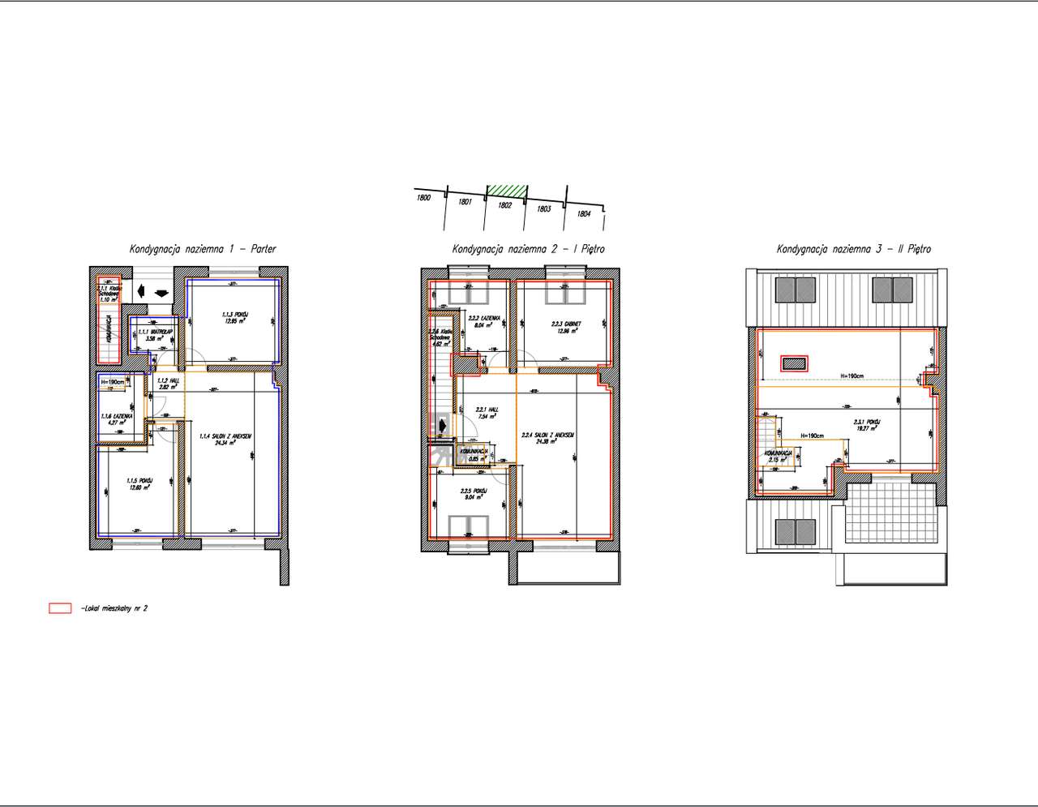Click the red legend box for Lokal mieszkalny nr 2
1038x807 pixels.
60,607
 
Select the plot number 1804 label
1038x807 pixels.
583,214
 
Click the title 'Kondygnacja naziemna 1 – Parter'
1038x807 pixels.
203,249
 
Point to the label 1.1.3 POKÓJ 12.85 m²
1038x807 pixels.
235,317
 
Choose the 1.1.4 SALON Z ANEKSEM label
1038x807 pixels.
225,440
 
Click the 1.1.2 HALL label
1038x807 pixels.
167,384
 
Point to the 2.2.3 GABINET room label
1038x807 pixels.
564,326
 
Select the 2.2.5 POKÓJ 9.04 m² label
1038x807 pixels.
473,495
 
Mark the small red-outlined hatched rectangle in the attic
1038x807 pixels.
794,363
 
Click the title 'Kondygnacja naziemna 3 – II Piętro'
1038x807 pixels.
853,249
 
